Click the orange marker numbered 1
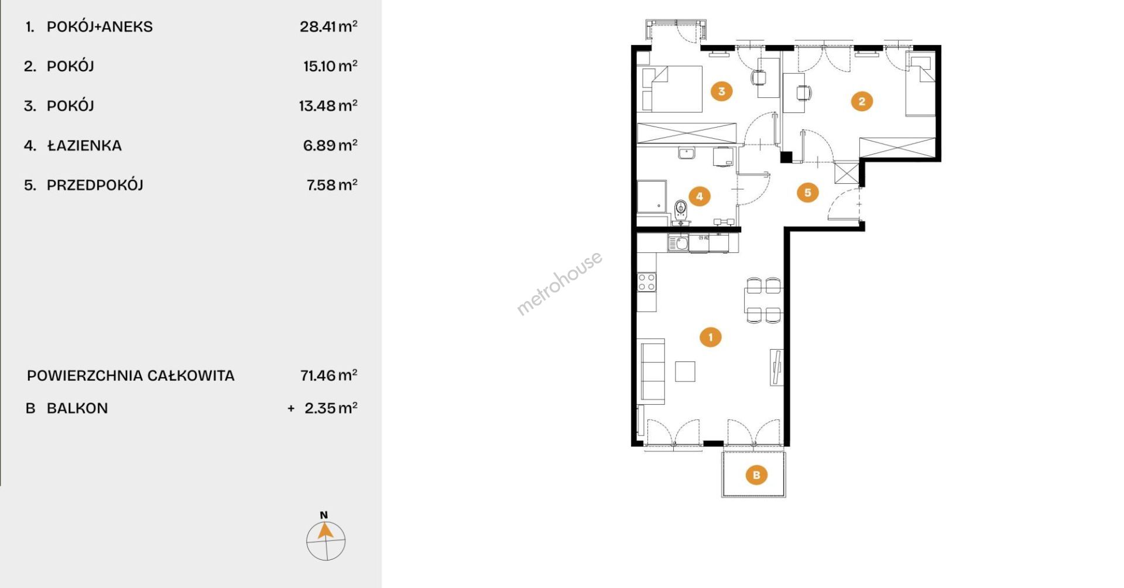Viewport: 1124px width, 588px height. point(711,337)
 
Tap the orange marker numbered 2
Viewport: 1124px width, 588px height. point(861,101)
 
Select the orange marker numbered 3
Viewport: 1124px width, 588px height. point(721,91)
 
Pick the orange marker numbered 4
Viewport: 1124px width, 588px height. point(700,196)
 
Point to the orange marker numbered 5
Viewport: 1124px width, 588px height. point(808,192)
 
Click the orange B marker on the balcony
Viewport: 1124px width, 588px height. point(756,474)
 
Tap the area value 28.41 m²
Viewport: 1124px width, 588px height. point(328,26)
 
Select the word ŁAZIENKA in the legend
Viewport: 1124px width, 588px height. point(84,145)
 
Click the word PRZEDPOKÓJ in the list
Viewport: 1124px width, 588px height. point(95,185)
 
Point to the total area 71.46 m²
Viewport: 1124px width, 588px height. point(328,375)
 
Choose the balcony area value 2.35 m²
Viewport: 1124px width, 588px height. point(331,408)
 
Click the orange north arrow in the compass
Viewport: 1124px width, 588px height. point(325,531)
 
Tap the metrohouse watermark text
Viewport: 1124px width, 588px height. point(559,283)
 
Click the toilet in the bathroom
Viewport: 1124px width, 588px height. point(680,210)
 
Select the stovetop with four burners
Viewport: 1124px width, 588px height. point(646,282)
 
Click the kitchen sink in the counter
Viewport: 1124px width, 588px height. point(678,242)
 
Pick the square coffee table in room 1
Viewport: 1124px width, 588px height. point(685,371)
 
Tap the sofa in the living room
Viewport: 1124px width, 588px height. point(651,371)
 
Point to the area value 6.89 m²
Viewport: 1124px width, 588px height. point(330,145)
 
